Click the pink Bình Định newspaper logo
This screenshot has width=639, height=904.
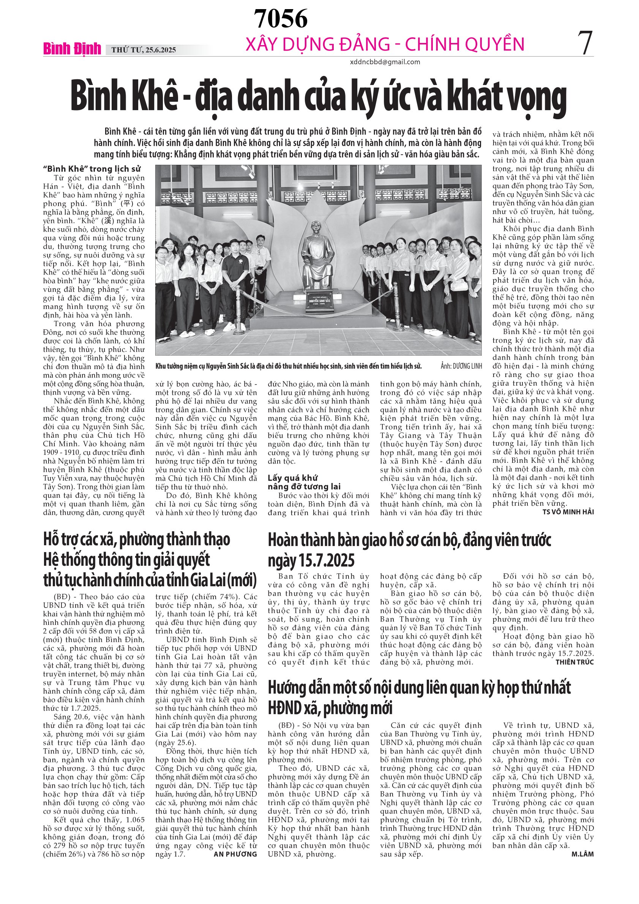coord(72,49)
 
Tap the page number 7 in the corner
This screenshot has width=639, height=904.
coord(585,43)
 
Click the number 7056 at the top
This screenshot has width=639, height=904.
coord(280,19)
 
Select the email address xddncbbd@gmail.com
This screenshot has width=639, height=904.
coord(385,62)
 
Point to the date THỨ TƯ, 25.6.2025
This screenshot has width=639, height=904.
coord(143,50)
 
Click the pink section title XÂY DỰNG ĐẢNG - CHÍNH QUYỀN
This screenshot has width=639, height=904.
coord(385,44)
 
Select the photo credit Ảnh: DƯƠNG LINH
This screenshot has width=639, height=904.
coord(461,366)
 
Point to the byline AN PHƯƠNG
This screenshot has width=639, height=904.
coord(235,854)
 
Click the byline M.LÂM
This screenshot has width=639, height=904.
coord(582,854)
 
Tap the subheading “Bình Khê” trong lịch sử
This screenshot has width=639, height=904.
coord(92,169)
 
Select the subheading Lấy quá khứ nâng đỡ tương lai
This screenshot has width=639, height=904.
coord(304,482)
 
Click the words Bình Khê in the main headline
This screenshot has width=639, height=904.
coord(123,97)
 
